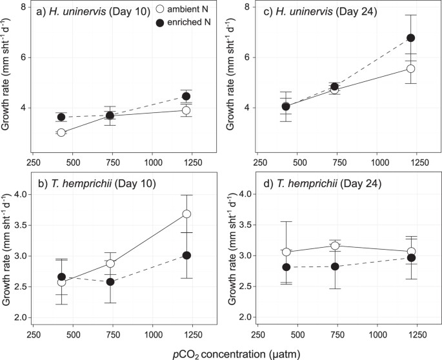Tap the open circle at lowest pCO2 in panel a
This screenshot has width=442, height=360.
[61, 132]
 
